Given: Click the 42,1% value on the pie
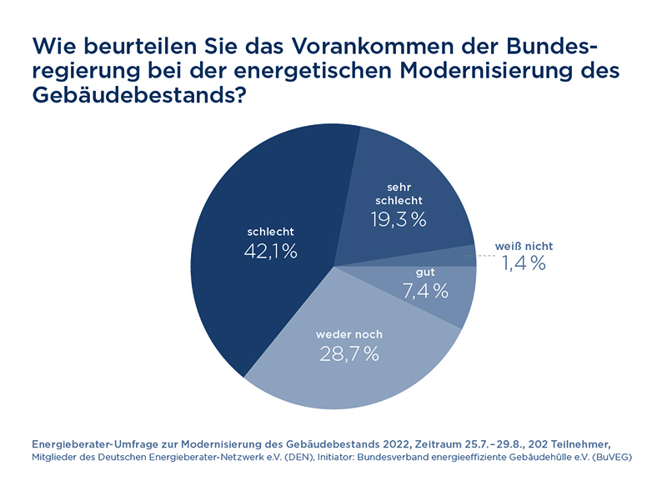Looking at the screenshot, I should click(x=270, y=251).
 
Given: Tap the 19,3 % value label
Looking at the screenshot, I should click(x=398, y=220).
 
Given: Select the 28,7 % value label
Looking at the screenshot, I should click(x=349, y=353).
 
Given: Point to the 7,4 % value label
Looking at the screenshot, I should click(x=424, y=291).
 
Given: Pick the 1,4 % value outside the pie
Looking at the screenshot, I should click(x=524, y=264).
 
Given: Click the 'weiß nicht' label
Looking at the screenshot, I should click(x=524, y=246).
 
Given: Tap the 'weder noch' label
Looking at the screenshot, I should click(x=349, y=334).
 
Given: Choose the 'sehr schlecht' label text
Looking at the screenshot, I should click(x=399, y=193).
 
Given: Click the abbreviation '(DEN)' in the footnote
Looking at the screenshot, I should click(x=307, y=458).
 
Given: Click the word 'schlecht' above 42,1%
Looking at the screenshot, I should click(x=271, y=231).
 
